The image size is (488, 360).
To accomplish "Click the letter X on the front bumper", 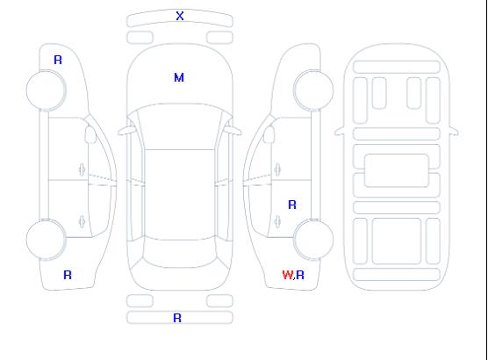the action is coord(180,16).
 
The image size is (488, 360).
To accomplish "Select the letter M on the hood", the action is coord(179,77).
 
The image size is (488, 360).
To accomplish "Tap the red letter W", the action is coord(288,275).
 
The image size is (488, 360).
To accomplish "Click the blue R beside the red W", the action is coord(300,275).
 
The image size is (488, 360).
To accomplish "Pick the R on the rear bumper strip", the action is coord(177,318).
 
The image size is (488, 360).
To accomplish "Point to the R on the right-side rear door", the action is coord(292,205).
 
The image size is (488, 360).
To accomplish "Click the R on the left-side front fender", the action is coord(58,60).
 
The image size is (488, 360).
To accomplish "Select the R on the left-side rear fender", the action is coord(68,275).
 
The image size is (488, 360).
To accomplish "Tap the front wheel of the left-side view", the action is coord(46,90).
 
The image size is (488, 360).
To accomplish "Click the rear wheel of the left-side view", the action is coord(46,240).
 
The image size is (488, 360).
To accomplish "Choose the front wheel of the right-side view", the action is coord(313,90).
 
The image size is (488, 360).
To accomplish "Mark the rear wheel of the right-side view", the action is coord(313,240).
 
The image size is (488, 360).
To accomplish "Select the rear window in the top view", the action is coord(180,253).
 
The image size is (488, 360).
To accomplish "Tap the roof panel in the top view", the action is coord(180,194).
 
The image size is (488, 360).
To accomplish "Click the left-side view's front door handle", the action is coord(83,169).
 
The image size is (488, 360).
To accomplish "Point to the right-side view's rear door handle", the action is coord(277,221).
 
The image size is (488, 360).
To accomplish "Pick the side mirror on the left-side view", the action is coord(90,134).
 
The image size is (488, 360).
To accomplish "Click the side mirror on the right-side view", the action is coord(269,134).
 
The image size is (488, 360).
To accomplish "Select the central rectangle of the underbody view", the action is coord(397,170).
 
